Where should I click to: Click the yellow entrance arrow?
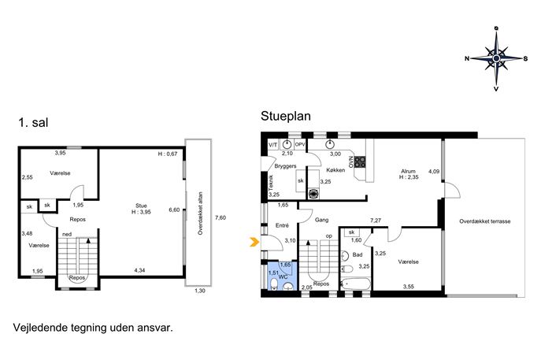click(254, 243)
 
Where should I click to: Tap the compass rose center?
click(496, 58)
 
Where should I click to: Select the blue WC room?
click(282, 276)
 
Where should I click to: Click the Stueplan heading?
click(286, 116)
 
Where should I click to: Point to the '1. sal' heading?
click(33, 123)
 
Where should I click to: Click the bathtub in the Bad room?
click(355, 284)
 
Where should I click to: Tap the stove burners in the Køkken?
click(360, 161)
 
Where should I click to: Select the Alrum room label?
click(408, 171)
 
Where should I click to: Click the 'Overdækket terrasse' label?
click(485, 221)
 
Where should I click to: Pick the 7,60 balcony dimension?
click(220, 217)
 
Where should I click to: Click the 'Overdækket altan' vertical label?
click(200, 213)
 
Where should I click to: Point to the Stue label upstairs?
click(141, 206)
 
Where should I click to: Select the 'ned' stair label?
click(67, 235)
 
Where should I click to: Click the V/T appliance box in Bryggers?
click(273, 145)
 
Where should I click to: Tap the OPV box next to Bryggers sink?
click(300, 145)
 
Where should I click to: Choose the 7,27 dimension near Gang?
click(376, 221)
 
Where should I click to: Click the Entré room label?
click(282, 225)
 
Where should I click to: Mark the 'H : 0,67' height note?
click(168, 154)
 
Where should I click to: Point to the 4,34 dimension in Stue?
click(139, 270)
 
